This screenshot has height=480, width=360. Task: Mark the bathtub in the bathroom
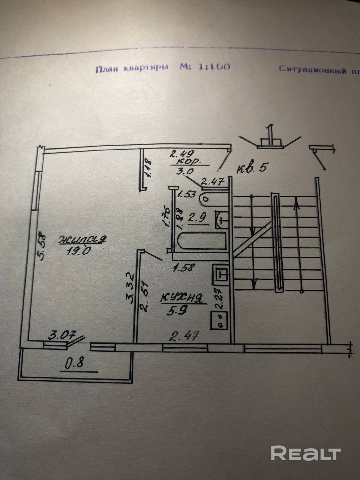pos(201,241)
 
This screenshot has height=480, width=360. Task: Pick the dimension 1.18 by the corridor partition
pos(147,168)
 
